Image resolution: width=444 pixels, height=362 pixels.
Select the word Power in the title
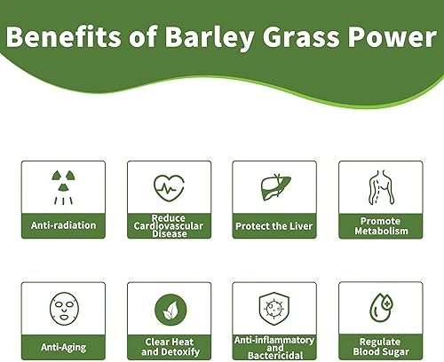point(381,40)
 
